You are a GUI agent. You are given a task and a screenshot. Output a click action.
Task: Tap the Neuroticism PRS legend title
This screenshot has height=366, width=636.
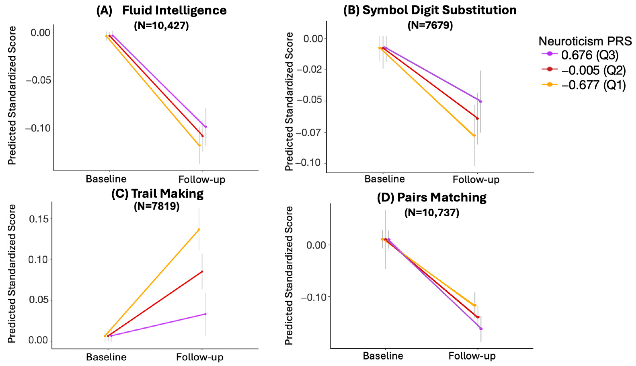coord(585,41)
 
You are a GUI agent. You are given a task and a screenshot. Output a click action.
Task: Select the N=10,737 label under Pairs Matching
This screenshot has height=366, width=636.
coord(432,213)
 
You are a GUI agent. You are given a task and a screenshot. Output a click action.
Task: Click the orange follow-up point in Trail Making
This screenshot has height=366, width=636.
coord(199,229)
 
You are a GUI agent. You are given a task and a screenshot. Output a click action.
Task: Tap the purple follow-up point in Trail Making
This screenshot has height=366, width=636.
coord(205,314)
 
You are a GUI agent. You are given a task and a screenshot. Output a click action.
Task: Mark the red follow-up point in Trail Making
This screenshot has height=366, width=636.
coord(202,271)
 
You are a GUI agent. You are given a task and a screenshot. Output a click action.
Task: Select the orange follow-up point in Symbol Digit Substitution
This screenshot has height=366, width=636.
coord(474,136)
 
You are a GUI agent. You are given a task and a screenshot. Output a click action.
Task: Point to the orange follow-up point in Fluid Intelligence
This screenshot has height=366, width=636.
coord(199,146)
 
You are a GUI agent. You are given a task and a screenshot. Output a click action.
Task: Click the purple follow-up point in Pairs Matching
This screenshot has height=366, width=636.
coord(481,329)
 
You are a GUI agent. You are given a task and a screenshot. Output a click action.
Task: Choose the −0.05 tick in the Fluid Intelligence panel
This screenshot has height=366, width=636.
coord(38,81)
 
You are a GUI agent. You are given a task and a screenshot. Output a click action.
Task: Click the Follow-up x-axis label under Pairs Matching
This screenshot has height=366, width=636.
coord(472,356)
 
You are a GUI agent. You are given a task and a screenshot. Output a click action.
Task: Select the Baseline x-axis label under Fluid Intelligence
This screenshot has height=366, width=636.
coord(106,179)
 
